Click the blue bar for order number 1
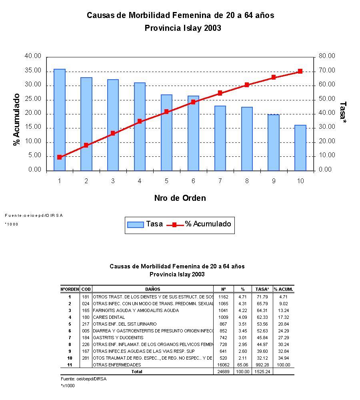(x=60, y=120)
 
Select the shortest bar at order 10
(x=300, y=148)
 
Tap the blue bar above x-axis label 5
(x=166, y=133)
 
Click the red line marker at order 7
(x=220, y=93)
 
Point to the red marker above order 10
(x=300, y=71)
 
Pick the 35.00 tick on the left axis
(x=33, y=71)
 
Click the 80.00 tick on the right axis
(x=327, y=56)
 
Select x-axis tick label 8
(x=247, y=181)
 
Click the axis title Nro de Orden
(x=180, y=198)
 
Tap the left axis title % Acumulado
(x=17, y=120)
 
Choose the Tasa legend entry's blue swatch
(x=135, y=225)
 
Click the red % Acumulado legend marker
(x=175, y=225)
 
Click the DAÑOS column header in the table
(x=153, y=289)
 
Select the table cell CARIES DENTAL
(x=109, y=317)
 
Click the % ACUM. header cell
(x=284, y=289)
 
